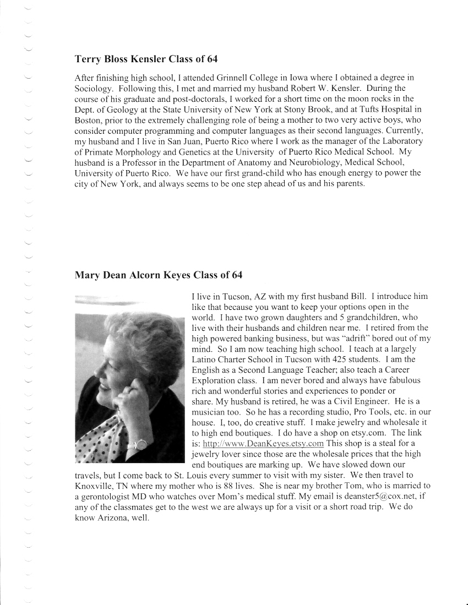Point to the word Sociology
(x=92, y=88)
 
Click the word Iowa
(x=323, y=78)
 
